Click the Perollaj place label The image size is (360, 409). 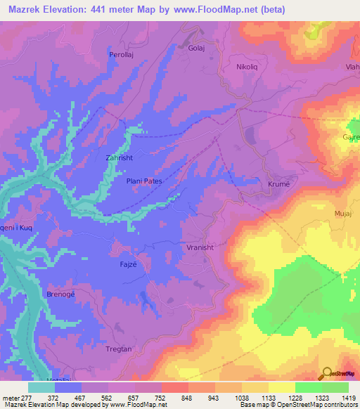coord(121,53)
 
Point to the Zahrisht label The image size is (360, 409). coord(118,158)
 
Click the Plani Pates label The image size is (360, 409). coord(144,181)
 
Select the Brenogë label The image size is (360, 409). coord(59,294)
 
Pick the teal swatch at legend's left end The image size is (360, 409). coord(41,387)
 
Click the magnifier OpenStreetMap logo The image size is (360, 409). coord(326,373)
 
